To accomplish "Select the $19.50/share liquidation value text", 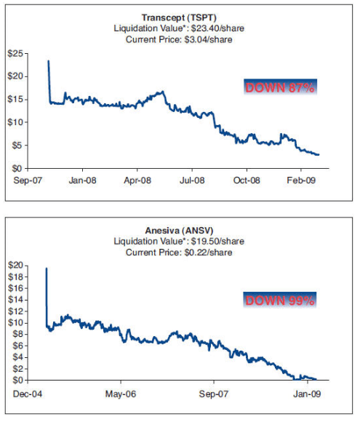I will pyautogui.click(x=206, y=241).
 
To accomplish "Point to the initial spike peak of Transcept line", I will pyautogui.click(x=49, y=61).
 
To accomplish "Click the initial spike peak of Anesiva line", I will pyautogui.click(x=47, y=268).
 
